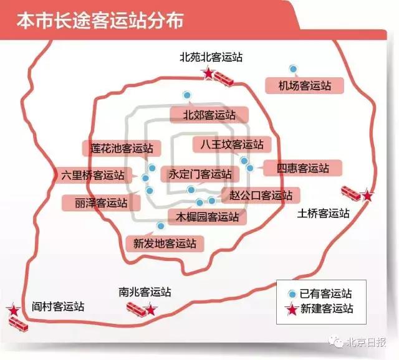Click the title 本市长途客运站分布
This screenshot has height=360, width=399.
tap(100, 21)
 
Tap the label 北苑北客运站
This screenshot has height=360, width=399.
tap(211, 57)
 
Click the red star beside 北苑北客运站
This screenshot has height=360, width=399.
tap(208, 74)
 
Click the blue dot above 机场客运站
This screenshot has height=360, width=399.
tap(292, 69)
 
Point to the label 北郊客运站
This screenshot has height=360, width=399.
tap(209, 115)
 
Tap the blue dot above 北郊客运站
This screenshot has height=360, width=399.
tap(186, 95)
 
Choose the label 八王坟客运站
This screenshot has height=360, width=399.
tap(228, 144)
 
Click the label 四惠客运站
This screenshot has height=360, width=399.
tap(302, 168)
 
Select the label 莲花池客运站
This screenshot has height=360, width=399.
tap(121, 148)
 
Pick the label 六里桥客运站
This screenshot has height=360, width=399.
tap(92, 175)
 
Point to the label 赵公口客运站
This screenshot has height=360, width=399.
tap(261, 195)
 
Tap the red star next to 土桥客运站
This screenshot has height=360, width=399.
tap(368, 196)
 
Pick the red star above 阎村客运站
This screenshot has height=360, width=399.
tap(12, 310)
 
